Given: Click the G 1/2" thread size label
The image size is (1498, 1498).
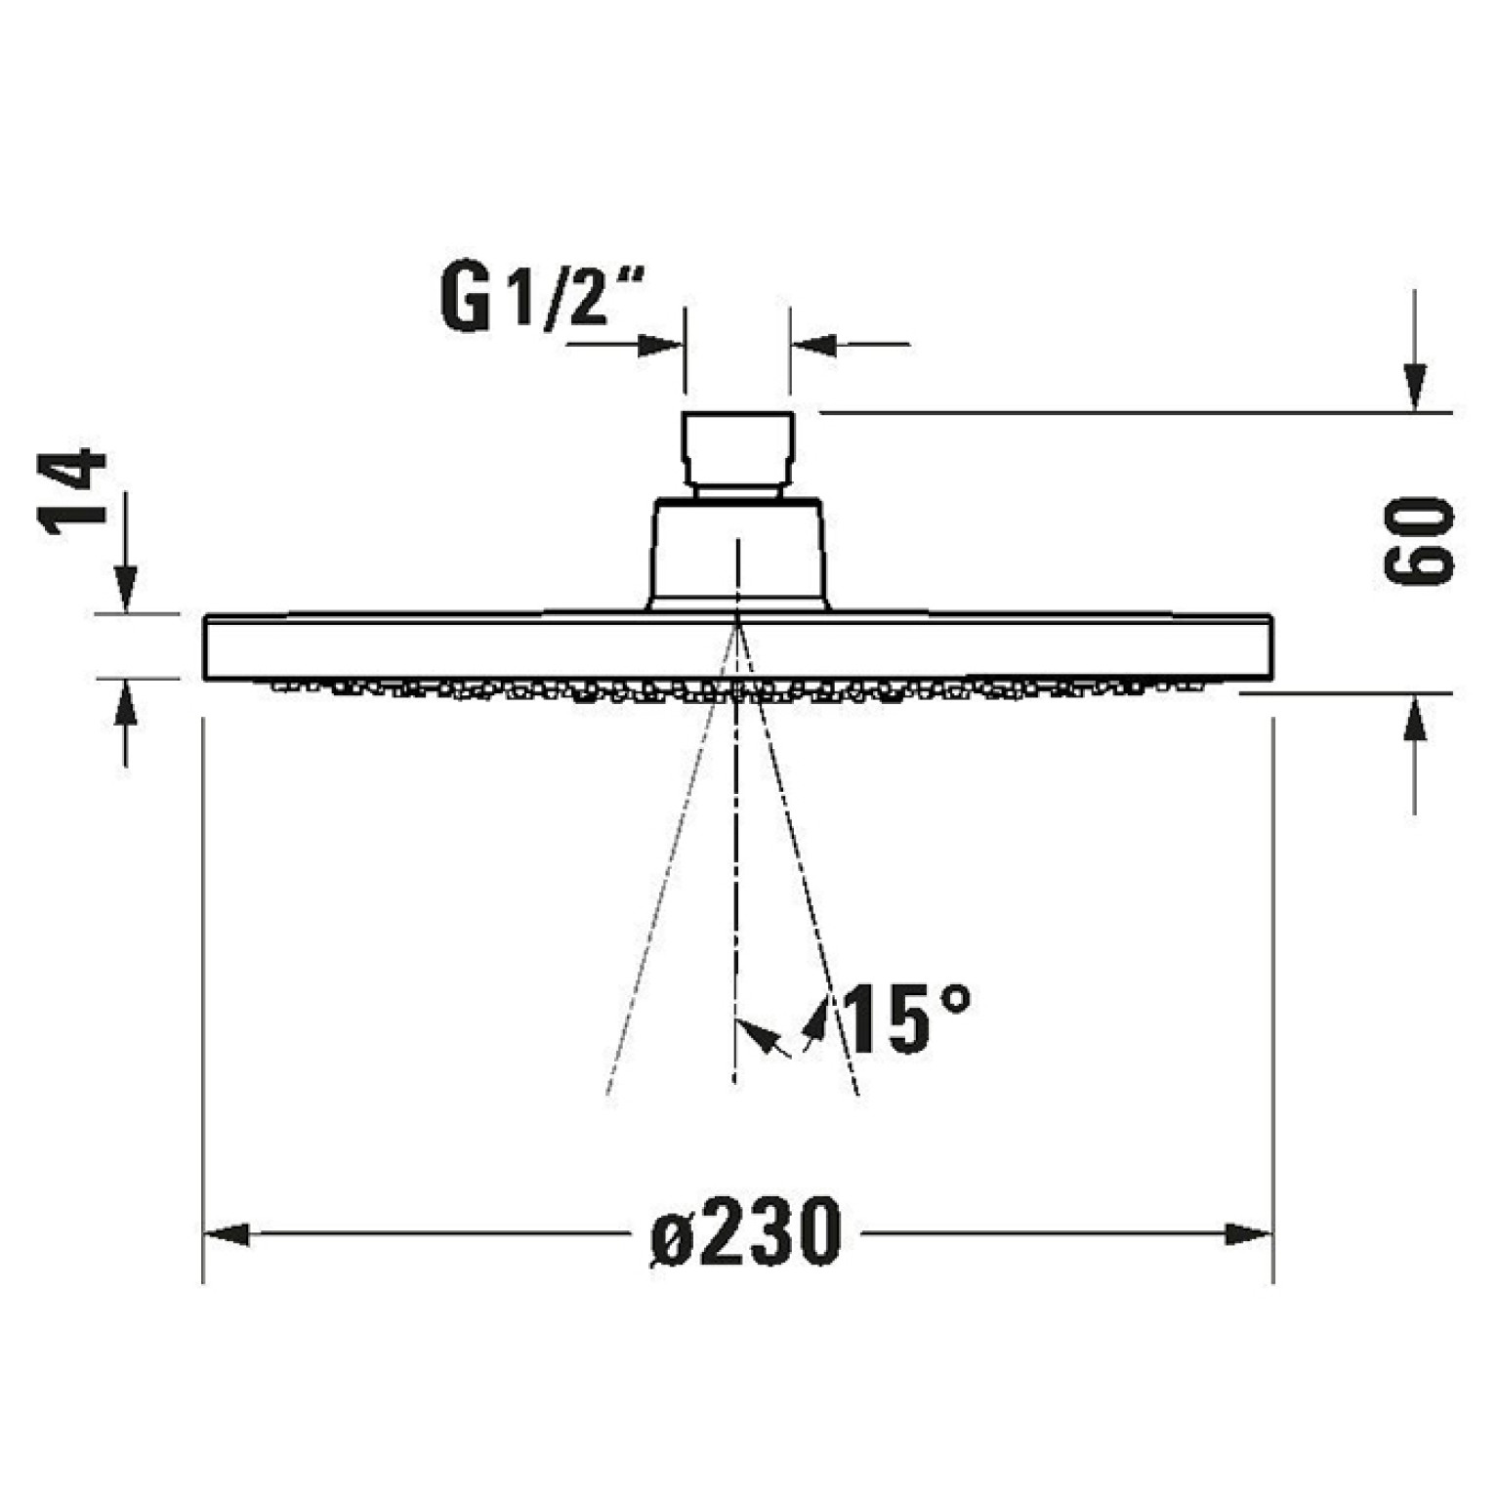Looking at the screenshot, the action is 542,297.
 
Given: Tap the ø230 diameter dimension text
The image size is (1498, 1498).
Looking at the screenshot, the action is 745,1232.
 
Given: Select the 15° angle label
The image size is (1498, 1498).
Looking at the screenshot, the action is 907,1019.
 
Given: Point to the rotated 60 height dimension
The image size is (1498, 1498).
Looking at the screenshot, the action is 1419,540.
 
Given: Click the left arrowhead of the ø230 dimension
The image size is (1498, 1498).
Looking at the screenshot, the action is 226,1234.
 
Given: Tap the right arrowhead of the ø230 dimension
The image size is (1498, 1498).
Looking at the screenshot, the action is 1249,1234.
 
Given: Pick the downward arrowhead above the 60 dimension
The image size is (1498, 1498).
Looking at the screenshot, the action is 1415,388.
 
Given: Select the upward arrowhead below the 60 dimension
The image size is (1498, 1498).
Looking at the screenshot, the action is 1415,718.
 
